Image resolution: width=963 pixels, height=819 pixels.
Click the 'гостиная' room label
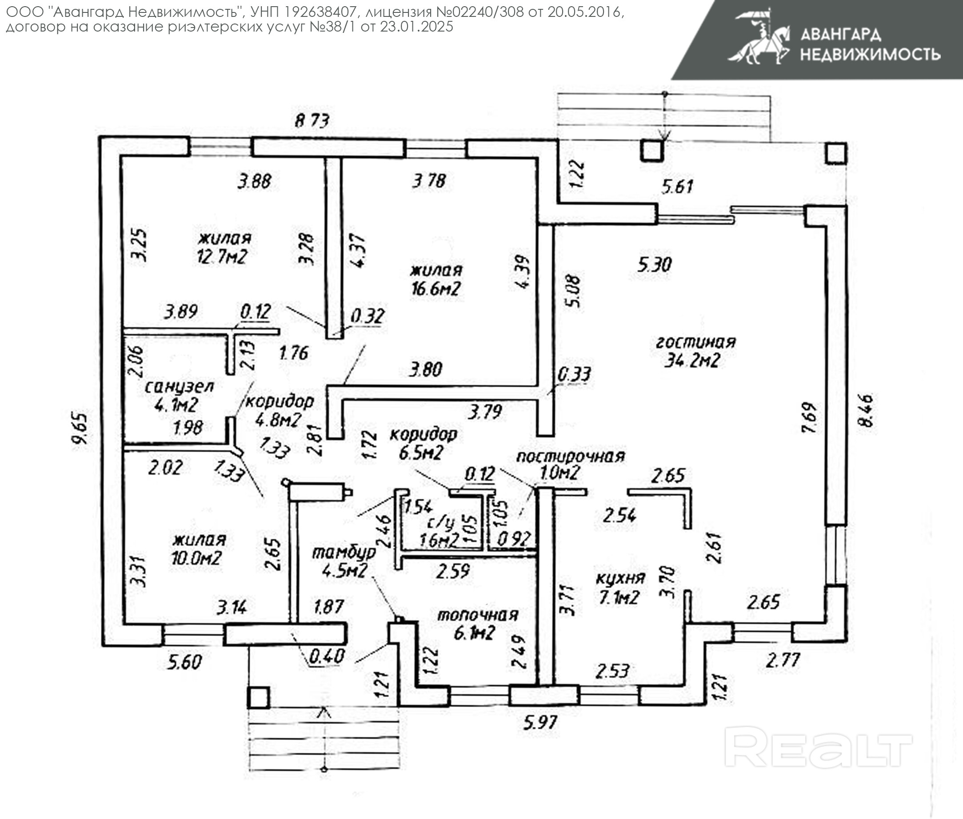click(695, 342)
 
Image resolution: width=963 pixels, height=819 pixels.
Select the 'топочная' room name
click(478, 615)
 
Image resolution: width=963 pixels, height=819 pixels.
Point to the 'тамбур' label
click(344, 553)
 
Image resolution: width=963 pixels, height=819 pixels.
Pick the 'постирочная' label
click(571, 457)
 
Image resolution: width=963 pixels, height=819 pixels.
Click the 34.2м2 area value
click(692, 360)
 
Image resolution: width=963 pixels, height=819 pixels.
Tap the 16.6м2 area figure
click(435, 289)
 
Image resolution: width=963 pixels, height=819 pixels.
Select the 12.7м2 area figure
click(222, 257)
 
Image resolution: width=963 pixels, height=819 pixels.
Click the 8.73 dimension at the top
click(312, 121)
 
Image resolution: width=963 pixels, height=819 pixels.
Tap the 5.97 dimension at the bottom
click(540, 723)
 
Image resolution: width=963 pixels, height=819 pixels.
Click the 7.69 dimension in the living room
click(809, 417)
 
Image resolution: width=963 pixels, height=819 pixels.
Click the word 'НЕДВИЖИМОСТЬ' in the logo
click(870, 55)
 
